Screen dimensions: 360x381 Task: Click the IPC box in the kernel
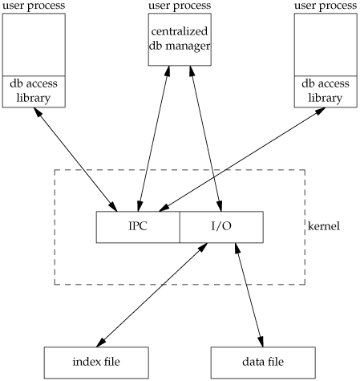click(138, 227)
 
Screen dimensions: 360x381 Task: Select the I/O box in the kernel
click(221, 227)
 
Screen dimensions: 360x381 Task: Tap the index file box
click(96, 363)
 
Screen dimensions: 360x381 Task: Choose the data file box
click(263, 363)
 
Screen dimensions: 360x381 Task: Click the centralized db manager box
click(180, 39)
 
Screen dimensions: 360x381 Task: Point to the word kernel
click(324, 226)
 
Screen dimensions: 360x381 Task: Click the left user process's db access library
click(34, 91)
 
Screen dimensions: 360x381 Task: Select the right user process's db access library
click(326, 91)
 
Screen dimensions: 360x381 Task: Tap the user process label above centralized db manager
click(180, 6)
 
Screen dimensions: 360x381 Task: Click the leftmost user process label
click(34, 6)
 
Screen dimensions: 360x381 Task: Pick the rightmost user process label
click(326, 6)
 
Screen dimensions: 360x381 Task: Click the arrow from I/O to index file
click(152, 295)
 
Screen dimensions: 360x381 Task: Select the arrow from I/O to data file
click(249, 295)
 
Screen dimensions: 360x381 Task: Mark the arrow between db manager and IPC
click(154, 139)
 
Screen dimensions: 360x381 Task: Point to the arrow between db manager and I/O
click(206, 139)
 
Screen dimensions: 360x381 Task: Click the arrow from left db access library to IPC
click(75, 160)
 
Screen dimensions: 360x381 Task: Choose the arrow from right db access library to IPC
click(242, 160)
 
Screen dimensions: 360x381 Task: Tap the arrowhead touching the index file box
click(101, 342)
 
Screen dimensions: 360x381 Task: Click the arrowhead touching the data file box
click(261, 341)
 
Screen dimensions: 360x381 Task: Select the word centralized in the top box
click(180, 31)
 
